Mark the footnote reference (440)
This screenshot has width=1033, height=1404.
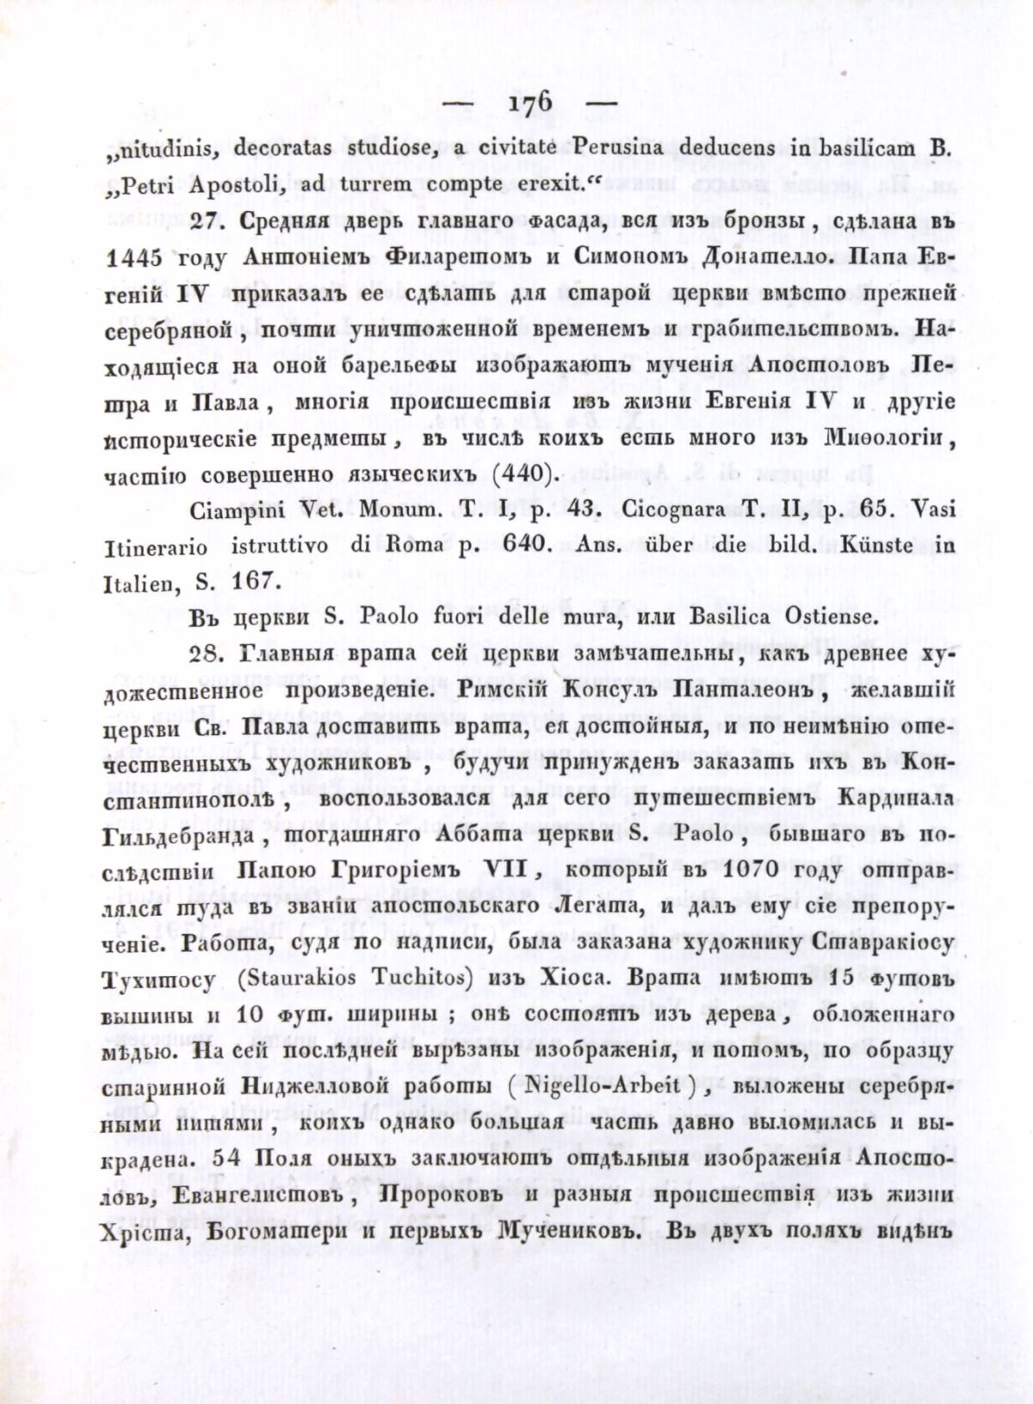point(525,473)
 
